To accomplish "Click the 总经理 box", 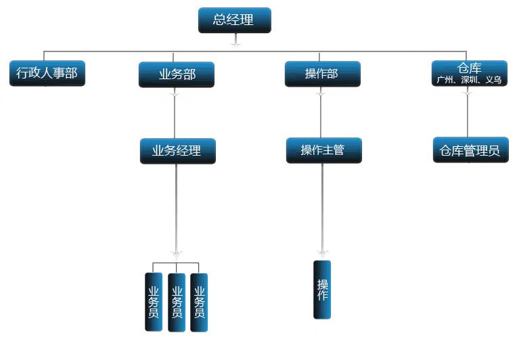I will (x=234, y=20).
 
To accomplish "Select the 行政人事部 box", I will (x=47, y=73).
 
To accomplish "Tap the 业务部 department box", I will (x=177, y=74).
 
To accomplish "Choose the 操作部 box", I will (x=322, y=74).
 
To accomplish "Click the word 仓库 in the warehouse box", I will (x=469, y=68).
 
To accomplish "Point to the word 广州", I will (x=445, y=80).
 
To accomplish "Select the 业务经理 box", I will (x=177, y=151).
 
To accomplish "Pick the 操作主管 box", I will (x=323, y=150).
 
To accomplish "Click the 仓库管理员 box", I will (x=470, y=150).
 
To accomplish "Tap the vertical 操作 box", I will (x=322, y=289).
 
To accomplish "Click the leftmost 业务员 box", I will (x=154, y=302).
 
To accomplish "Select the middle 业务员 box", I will (x=176, y=302).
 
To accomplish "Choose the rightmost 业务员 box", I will (x=199, y=302).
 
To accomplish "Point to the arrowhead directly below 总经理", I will (x=235, y=43).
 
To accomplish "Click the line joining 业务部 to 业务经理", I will (x=175, y=115).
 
